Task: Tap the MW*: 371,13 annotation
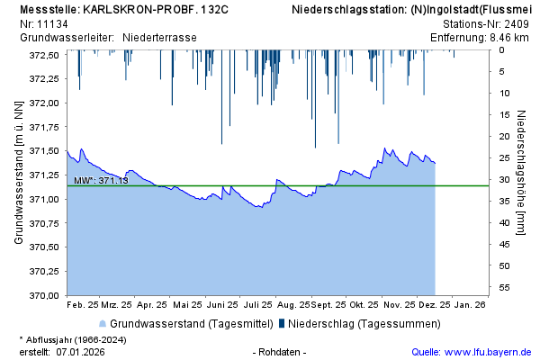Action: click(x=101, y=181)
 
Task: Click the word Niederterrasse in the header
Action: click(x=159, y=38)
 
